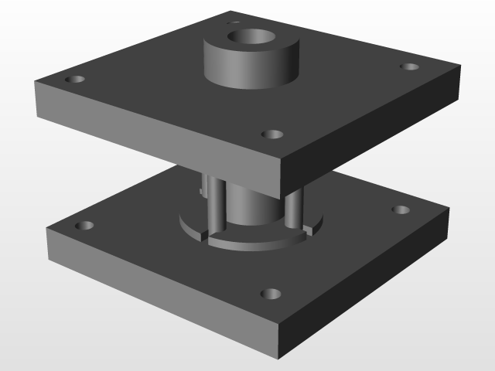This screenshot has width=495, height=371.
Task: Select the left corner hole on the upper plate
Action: [x=76, y=80]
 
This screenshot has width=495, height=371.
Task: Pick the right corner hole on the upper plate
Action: [x=409, y=67]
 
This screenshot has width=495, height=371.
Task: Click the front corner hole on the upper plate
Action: [x=271, y=134]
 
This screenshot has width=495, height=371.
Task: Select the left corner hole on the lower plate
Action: [x=84, y=226]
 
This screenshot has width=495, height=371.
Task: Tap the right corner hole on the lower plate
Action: [x=400, y=209]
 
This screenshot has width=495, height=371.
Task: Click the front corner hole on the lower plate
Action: [x=271, y=294]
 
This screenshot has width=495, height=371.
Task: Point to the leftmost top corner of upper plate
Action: [x=36, y=83]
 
